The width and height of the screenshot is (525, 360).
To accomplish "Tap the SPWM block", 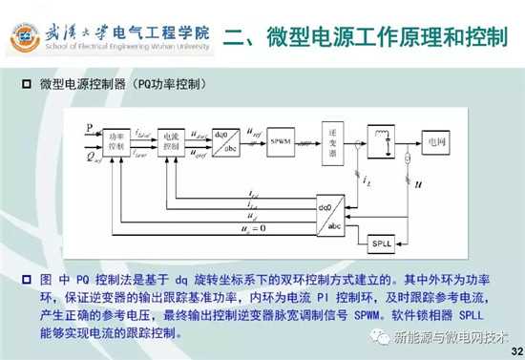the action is point(280,141).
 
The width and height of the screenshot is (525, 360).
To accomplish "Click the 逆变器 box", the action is point(332,142).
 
